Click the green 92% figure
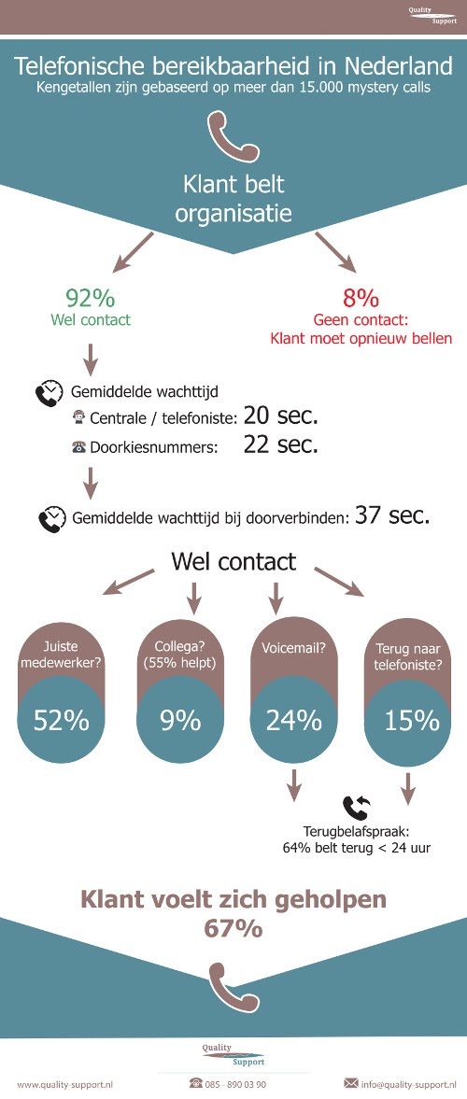click(90, 299)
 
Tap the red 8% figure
click(361, 299)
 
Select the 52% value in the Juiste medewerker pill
click(62, 721)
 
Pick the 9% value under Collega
click(180, 721)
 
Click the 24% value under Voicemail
click(294, 721)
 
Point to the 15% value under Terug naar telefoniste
click(412, 721)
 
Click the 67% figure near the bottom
click(233, 929)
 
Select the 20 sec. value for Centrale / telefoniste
click(281, 417)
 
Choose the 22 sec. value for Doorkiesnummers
click(281, 444)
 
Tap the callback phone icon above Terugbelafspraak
click(356, 808)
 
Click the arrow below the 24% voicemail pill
click(294, 785)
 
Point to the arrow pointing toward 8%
click(335, 253)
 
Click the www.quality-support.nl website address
click(66, 1084)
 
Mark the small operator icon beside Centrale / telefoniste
click(78, 418)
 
